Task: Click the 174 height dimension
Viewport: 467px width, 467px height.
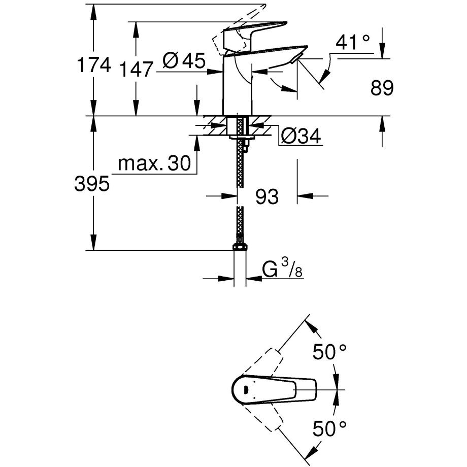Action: (x=92, y=65)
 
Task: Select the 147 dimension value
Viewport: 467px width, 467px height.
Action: (x=136, y=69)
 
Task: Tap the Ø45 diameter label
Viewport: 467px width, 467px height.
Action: (x=184, y=61)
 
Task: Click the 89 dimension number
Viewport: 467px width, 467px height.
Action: (x=382, y=89)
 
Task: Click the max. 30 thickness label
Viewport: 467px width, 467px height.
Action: (x=153, y=163)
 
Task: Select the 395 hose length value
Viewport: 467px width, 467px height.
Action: (x=92, y=184)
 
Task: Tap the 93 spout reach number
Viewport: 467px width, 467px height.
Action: (x=266, y=196)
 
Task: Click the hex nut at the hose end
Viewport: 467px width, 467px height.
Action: (x=240, y=247)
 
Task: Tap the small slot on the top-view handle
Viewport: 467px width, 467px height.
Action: (x=244, y=390)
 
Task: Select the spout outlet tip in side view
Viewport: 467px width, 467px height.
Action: (x=295, y=59)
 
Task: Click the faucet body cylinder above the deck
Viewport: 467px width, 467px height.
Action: (x=237, y=89)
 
